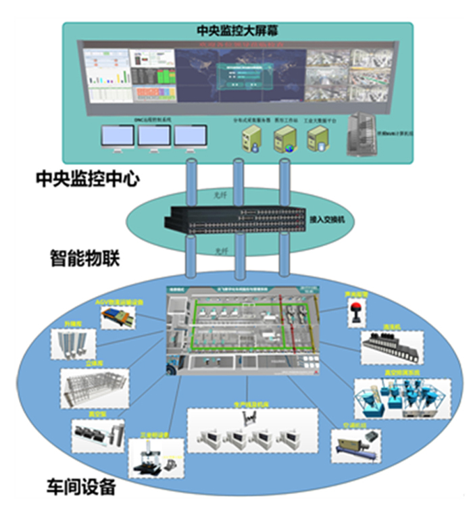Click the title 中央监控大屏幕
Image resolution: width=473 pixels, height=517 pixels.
[x=236, y=31]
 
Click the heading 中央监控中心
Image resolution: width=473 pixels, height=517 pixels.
[x=88, y=179]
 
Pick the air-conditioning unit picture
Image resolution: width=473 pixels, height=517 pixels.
[x=356, y=447]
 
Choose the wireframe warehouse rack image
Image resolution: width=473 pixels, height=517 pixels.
[x=95, y=388]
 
